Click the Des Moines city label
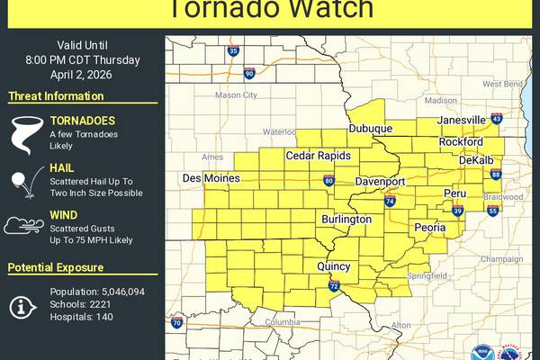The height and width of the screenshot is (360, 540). coord(211,178)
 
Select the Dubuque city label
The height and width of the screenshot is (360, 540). coord(371,129)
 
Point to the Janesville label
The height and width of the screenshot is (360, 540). coord(461,121)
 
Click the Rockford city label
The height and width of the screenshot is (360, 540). coord(461,142)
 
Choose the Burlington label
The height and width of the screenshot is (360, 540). coord(346,219)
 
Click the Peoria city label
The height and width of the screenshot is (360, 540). coord(429,228)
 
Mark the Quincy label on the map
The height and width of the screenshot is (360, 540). coord(333,265)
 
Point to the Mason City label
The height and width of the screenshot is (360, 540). coord(236,94)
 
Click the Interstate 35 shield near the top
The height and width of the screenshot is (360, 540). coord(233,52)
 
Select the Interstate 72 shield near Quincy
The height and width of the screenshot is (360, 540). coord(333,286)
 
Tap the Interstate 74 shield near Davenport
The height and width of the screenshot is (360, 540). coord(391,201)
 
